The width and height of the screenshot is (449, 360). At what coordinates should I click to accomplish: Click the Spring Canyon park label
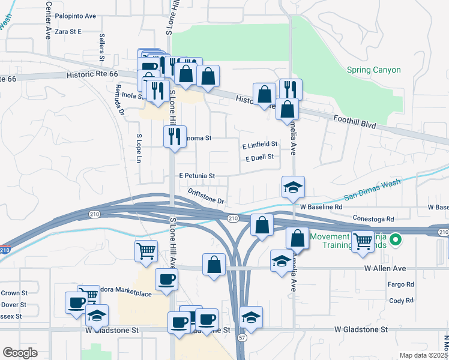373,70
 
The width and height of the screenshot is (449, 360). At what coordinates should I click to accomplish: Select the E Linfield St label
259,145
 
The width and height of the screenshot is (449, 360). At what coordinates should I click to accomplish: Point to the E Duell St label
259,158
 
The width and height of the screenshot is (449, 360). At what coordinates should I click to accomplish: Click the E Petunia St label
197,176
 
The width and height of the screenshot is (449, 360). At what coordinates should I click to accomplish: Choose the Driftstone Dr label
205,196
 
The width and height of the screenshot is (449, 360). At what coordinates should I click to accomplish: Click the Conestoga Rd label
373,219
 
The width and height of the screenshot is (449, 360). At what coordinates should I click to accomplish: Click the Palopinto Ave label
75,17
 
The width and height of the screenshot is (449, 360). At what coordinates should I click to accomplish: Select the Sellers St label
103,43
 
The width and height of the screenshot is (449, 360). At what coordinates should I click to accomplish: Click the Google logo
20,353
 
